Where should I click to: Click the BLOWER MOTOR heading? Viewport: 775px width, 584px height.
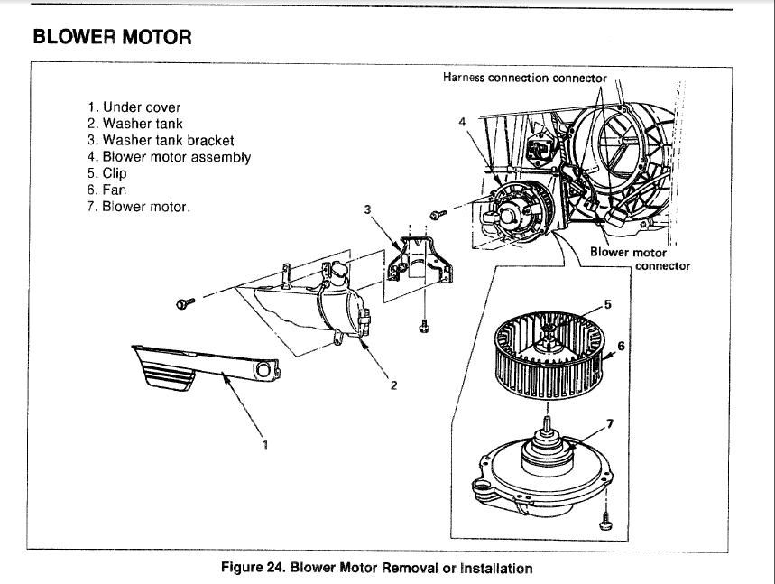click(x=112, y=37)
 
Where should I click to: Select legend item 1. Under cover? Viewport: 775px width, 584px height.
click(x=134, y=107)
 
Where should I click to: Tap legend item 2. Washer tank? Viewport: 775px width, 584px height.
click(x=135, y=124)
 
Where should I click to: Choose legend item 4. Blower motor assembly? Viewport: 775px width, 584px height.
click(x=169, y=156)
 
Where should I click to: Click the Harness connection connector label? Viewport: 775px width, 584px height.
click(x=524, y=78)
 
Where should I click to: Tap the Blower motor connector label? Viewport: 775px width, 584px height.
click(x=640, y=259)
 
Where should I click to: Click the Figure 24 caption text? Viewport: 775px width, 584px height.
click(x=376, y=568)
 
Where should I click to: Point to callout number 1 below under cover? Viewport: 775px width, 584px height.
click(x=264, y=443)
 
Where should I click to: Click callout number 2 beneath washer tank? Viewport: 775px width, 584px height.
click(x=393, y=385)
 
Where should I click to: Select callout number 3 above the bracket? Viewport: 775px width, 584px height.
click(x=367, y=209)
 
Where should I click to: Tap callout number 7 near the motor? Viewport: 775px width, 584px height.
click(x=608, y=423)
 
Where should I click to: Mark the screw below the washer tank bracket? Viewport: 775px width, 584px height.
click(x=424, y=327)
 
